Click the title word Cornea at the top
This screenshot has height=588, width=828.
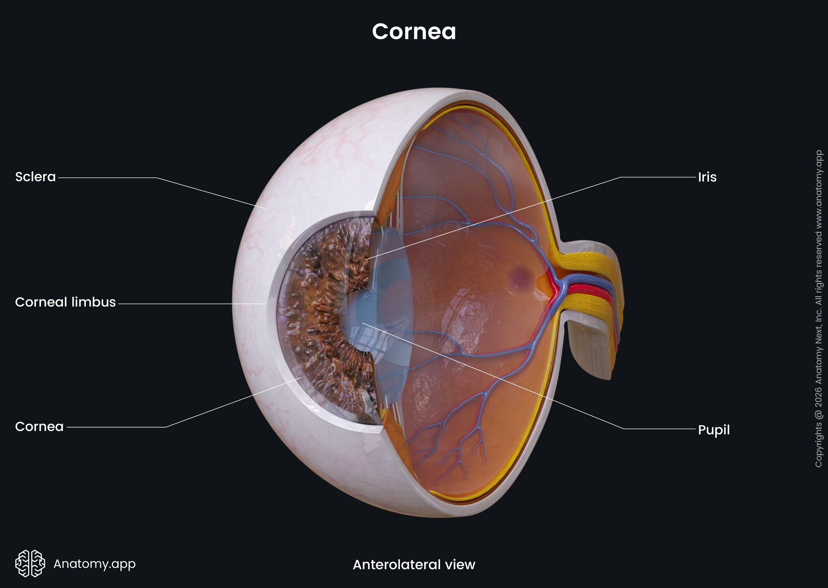414,31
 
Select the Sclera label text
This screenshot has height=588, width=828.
36,177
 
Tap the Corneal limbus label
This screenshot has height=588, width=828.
65,302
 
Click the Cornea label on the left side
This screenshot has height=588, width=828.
39,427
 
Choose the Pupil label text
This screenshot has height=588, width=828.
714,430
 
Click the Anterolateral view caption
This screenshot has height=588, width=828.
414,564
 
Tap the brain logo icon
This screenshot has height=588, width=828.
30,563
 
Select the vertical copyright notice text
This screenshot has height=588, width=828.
819,308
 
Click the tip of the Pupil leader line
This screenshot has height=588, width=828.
362,323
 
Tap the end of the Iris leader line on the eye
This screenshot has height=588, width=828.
366,259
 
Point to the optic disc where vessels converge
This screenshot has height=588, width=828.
559,286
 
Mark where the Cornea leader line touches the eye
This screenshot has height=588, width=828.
301,378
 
